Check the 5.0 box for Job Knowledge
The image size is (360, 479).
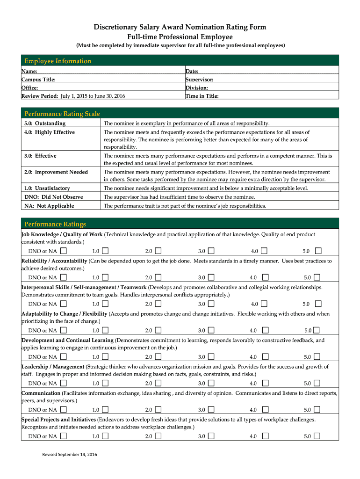point(317,251)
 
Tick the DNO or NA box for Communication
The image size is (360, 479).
point(63,410)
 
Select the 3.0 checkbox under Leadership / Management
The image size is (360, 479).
point(211,384)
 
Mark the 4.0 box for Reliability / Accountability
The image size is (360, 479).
point(264,277)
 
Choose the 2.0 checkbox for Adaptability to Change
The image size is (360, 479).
point(158,331)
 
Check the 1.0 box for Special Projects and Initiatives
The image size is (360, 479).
point(105,436)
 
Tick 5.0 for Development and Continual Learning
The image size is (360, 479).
point(317,357)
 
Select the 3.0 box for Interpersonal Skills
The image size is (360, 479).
point(211,304)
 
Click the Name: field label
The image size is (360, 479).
point(29,71)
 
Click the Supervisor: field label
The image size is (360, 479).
point(200,80)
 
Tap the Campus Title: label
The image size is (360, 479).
point(38,80)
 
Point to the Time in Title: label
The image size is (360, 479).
point(202,96)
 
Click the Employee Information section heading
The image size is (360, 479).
point(58,61)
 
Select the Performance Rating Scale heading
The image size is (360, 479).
point(62,114)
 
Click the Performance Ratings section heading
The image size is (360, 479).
point(55,224)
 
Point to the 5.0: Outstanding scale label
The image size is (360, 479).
point(45,123)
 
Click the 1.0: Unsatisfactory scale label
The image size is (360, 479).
point(47,188)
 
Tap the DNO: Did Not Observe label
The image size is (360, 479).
point(53,197)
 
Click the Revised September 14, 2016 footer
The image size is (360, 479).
point(70,455)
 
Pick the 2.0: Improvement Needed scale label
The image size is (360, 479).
point(56,172)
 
